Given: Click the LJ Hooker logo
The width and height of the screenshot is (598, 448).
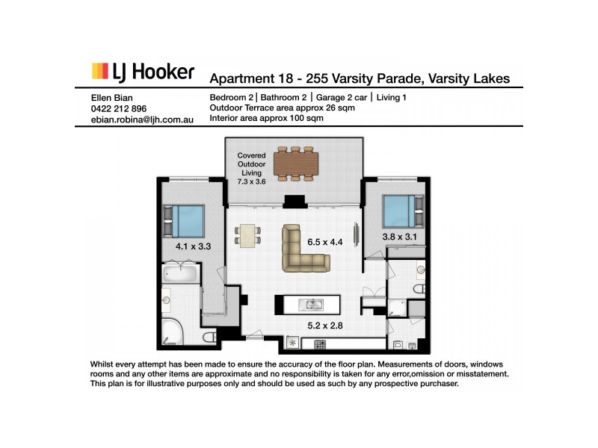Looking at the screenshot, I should (x=142, y=72).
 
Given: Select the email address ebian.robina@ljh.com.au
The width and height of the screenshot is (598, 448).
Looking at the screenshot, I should (x=141, y=119).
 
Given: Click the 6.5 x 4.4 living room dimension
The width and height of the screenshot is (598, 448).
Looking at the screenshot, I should (x=325, y=242).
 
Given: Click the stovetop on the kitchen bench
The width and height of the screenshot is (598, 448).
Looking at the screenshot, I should (x=321, y=344).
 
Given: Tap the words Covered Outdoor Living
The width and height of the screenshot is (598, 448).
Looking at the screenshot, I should (x=251, y=164).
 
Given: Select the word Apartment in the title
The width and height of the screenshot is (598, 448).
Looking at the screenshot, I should (x=239, y=78).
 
